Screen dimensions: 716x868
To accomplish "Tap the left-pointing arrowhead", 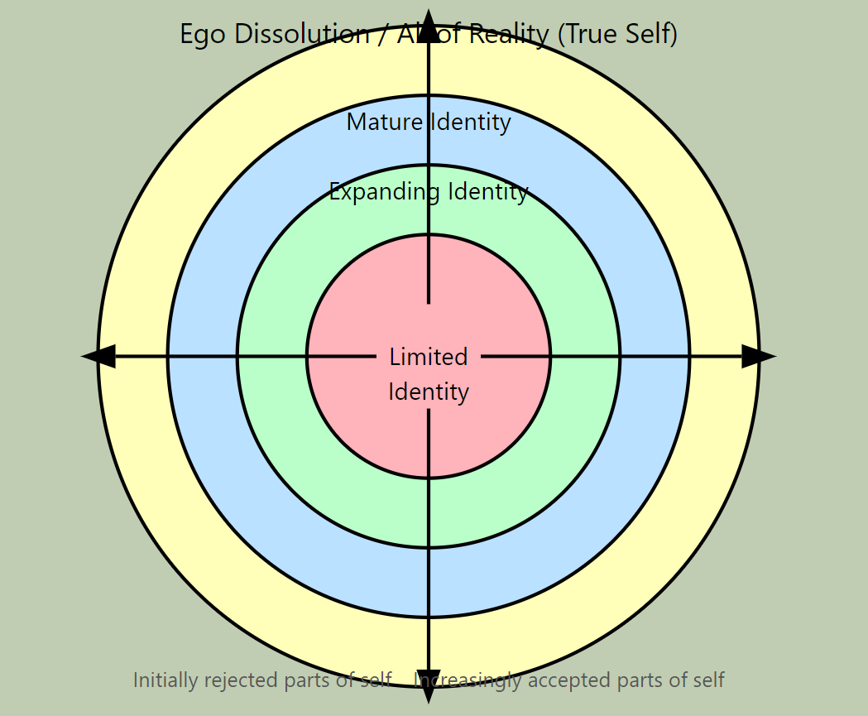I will coord(98,357).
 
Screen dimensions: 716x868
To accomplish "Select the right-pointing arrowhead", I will coord(758,357).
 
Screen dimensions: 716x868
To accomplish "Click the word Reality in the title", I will coord(508,35).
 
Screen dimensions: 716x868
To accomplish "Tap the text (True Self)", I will coord(617,35).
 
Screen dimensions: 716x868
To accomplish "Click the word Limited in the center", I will coord(429,357).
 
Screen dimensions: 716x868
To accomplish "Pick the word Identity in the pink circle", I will coord(429,392).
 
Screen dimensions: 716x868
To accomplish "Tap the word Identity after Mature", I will coord(470,123).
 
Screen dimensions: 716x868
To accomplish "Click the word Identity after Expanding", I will coord(487,192).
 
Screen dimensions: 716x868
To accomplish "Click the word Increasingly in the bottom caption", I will coord(468,680).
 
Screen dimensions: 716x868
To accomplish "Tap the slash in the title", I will coord(384,35).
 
